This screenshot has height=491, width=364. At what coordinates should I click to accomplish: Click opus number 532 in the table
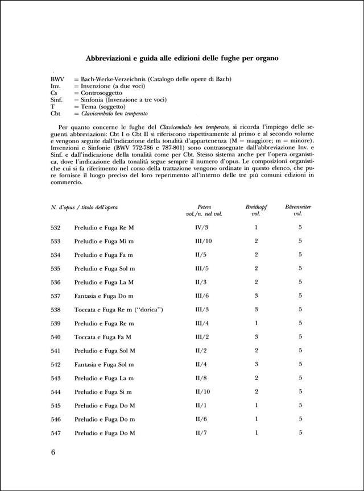pyautogui.click(x=55, y=227)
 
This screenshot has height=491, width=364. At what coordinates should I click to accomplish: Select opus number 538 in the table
pyautogui.click(x=55, y=309)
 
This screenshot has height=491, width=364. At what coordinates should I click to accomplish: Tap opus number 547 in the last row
pyautogui.click(x=55, y=432)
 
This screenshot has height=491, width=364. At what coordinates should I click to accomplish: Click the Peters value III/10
pyautogui.click(x=203, y=241)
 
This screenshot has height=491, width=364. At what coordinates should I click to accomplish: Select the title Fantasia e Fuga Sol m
pyautogui.click(x=104, y=364)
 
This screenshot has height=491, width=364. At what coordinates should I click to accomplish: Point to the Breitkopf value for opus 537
pyautogui.click(x=256, y=296)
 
